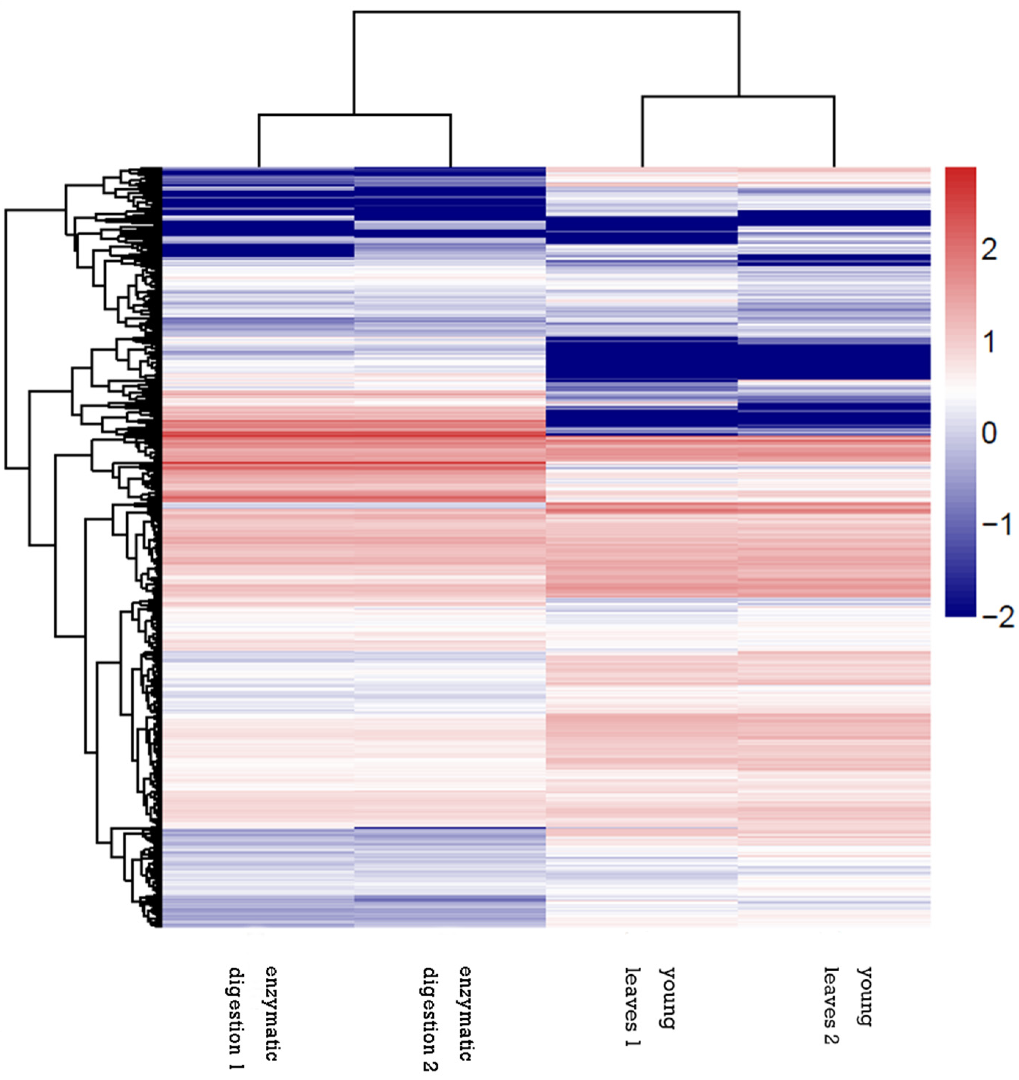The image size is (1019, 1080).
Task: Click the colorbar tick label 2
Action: [989, 250]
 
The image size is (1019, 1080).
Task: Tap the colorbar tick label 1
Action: [989, 342]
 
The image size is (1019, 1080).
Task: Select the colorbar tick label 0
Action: [989, 434]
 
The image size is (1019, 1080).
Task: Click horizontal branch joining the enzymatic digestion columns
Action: [354, 115]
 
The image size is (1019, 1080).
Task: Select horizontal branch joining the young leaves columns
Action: [737, 97]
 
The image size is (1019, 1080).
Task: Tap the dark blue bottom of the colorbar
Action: [960, 606]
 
